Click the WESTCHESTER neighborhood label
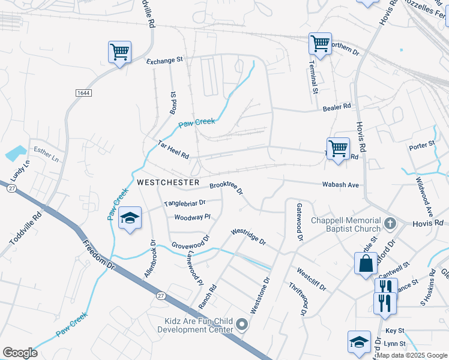(x=167, y=181)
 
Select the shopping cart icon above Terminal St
(x=320, y=44)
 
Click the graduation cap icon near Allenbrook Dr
(x=130, y=218)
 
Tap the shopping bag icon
(x=366, y=264)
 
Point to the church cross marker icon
(x=390, y=224)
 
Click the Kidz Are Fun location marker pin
(x=243, y=325)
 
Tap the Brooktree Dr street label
(x=226, y=188)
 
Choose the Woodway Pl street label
(x=192, y=217)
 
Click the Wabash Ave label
(x=340, y=185)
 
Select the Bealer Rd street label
(x=337, y=107)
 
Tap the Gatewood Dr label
(x=298, y=221)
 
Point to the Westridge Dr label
(x=249, y=236)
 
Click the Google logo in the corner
(x=20, y=353)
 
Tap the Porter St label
(x=421, y=145)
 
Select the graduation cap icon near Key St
(x=359, y=342)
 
